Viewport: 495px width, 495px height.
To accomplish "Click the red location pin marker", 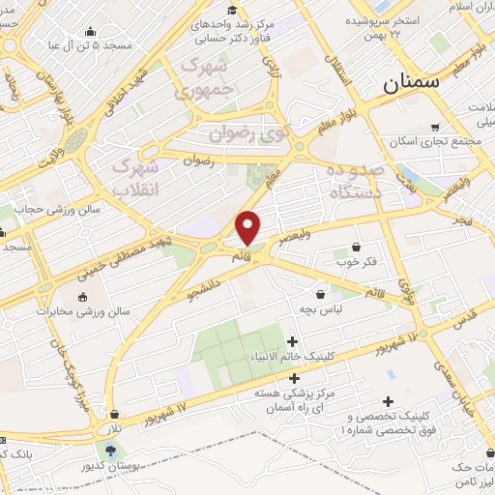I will click(x=248, y=228).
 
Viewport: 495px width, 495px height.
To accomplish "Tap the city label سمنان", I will click(x=410, y=83).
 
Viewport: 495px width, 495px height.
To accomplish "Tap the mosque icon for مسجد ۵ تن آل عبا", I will click(x=90, y=32).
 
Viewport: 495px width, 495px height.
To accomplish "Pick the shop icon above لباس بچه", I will click(x=320, y=293).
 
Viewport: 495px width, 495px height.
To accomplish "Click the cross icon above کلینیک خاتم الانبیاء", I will click(x=293, y=341).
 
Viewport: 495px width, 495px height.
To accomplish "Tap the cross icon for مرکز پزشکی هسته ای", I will click(x=294, y=378).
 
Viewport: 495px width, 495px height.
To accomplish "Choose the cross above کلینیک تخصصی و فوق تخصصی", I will click(x=389, y=401).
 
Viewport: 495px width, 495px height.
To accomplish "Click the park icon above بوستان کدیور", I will click(x=109, y=450).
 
